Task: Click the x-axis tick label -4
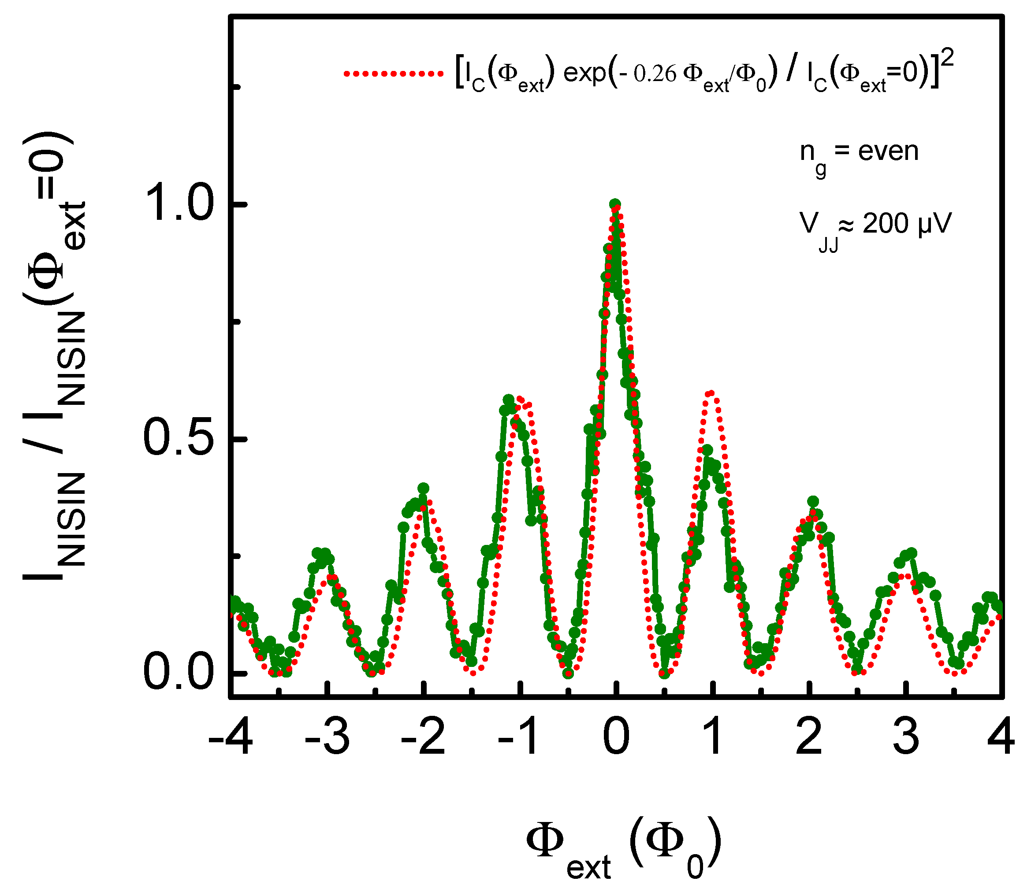pyautogui.click(x=230, y=737)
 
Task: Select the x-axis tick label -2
pyautogui.click(x=423, y=737)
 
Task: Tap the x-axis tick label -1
pyautogui.click(x=519, y=737)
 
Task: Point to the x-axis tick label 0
pyautogui.click(x=616, y=737)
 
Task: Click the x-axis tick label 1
pyautogui.click(x=713, y=737)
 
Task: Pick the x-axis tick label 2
pyautogui.click(x=809, y=737)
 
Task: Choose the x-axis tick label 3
pyautogui.click(x=906, y=737)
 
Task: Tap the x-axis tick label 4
pyautogui.click(x=1001, y=737)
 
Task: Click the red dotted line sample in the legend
pyautogui.click(x=393, y=74)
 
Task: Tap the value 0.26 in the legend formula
pyautogui.click(x=655, y=74)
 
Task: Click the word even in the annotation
pyautogui.click(x=889, y=151)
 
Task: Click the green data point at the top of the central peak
pyautogui.click(x=615, y=204)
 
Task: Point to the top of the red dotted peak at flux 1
pyautogui.click(x=711, y=393)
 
